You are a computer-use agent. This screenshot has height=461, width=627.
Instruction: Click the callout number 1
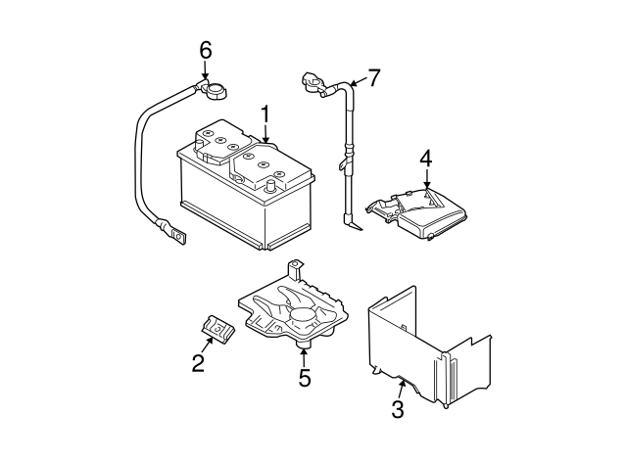(x=265, y=115)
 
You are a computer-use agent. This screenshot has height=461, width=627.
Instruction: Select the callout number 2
(x=198, y=364)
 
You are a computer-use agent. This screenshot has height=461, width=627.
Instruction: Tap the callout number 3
(x=398, y=409)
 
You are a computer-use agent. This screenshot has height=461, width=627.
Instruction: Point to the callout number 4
(x=426, y=158)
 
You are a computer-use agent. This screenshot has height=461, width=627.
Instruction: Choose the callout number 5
(x=305, y=377)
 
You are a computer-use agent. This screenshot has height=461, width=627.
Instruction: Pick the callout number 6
(x=205, y=50)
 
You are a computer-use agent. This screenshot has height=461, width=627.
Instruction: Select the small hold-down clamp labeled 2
(x=215, y=330)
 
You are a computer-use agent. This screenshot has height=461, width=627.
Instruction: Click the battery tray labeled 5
(x=294, y=313)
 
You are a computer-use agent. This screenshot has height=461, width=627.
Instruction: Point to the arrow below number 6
(x=205, y=71)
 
